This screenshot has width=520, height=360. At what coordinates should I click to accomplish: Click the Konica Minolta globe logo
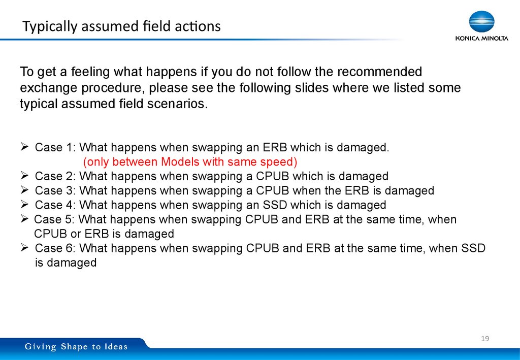[x=481, y=22]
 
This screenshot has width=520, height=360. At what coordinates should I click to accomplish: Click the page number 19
[x=484, y=339]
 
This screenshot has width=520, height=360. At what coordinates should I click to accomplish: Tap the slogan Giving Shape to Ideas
[x=77, y=347]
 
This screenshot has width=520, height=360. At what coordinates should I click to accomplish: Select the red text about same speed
[x=190, y=162]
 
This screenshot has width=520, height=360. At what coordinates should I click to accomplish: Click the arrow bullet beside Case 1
[x=24, y=148]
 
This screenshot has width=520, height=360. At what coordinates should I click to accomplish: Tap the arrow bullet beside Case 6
[x=24, y=248]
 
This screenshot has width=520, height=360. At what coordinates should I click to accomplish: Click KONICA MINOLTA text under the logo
[x=481, y=38]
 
